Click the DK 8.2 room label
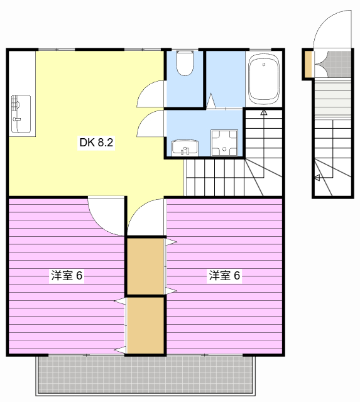(96, 143)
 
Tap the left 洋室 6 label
(67, 275)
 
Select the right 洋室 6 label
(225, 275)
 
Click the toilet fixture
(185, 63)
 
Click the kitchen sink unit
(21, 114)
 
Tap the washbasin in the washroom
(185, 148)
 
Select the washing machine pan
(224, 143)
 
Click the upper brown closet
(146, 266)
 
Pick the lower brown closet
(146, 325)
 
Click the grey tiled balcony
(145, 374)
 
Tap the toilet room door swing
(151, 94)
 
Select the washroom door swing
(151, 123)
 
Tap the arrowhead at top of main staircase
(264, 112)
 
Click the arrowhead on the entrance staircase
(317, 177)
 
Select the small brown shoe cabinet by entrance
(308, 64)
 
